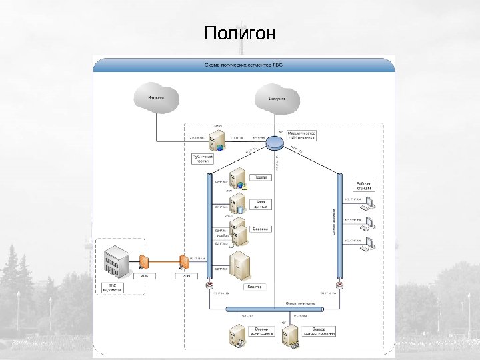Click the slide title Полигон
pos(240,33)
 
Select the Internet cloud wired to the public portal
pos(157,98)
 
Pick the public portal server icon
pos(216,140)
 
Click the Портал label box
pos(261,178)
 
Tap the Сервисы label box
pos(261,229)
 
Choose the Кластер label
pos(256,287)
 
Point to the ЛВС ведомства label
pos(111,289)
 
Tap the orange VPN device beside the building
pos(143,261)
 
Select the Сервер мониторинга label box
pos(261,331)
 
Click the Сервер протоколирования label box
pos(318,331)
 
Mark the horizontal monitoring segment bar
pos(275,310)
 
